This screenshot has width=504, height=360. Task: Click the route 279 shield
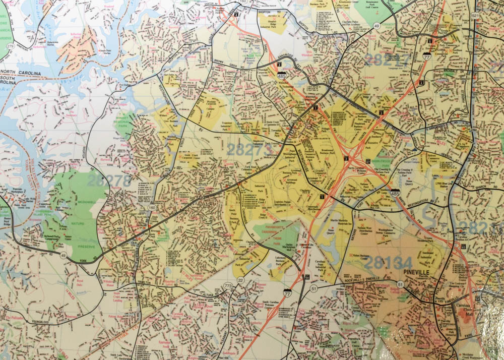tap(7, 47)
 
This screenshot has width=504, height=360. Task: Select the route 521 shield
tap(474, 17)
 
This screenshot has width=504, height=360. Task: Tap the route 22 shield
tap(240, 280)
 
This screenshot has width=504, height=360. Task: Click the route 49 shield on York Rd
tap(64, 255)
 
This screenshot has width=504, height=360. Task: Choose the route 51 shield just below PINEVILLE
tap(400, 285)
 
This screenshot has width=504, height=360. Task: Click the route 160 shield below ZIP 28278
tap(152, 208)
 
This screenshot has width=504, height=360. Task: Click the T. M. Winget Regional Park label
tap(122, 123)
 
